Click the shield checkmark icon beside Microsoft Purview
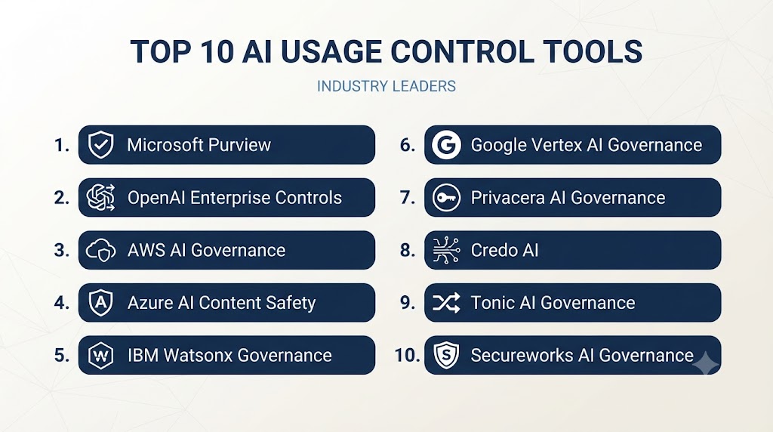click(x=100, y=144)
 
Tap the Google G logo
click(x=446, y=145)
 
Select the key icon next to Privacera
click(x=446, y=198)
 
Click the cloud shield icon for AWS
click(x=100, y=251)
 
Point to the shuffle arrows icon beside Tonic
click(x=446, y=303)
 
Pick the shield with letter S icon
click(x=446, y=355)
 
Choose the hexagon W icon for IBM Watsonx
click(x=100, y=355)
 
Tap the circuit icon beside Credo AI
click(x=446, y=250)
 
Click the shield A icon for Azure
click(x=100, y=302)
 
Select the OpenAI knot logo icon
click(x=100, y=197)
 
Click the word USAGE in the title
click(x=331, y=51)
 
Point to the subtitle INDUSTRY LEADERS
click(x=386, y=86)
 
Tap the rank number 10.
click(x=407, y=355)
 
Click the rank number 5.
click(x=62, y=355)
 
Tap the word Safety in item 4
click(x=291, y=303)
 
